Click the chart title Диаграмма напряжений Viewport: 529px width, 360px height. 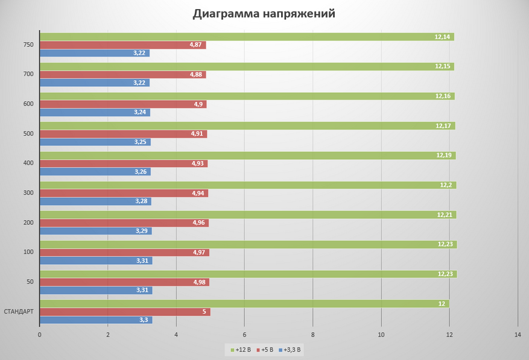[x=264, y=14]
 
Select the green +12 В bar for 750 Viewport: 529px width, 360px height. [x=241, y=37]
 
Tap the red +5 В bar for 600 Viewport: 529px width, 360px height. [x=121, y=104]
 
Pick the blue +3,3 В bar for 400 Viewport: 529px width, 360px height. [x=90, y=172]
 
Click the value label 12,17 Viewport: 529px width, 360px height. [x=443, y=126]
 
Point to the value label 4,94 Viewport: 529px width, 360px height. [x=198, y=194]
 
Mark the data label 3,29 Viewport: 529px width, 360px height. [x=141, y=231]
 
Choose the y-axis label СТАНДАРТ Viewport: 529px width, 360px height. [x=19, y=312]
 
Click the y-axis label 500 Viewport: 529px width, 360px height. [x=29, y=134]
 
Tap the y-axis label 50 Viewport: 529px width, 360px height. [x=31, y=282]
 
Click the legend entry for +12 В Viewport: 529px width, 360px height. [x=241, y=349]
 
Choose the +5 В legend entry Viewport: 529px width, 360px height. [x=266, y=349]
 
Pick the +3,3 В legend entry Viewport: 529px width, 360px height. [x=293, y=349]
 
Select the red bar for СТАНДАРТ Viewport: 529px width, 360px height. [x=121, y=312]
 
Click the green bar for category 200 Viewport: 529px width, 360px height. [x=241, y=215]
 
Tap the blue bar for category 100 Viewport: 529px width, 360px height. [x=90, y=261]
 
